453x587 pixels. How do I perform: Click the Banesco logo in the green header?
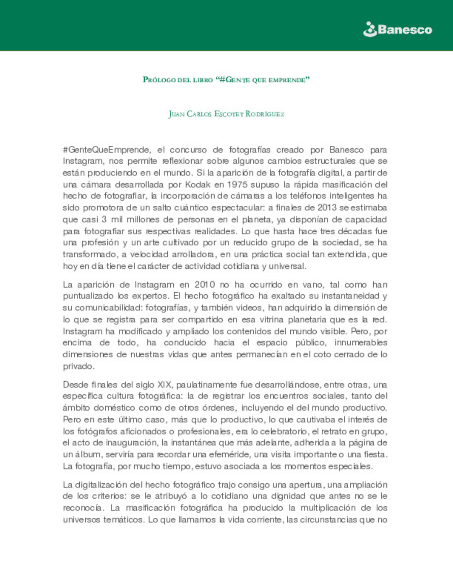(x=398, y=29)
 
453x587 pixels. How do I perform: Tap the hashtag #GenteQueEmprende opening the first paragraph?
(x=107, y=149)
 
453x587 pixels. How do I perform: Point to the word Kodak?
(x=198, y=184)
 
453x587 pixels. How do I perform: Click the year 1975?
(x=237, y=184)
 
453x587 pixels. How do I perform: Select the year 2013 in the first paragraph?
(x=327, y=207)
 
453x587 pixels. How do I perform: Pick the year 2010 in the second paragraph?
(x=205, y=284)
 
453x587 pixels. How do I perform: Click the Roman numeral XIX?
(x=165, y=384)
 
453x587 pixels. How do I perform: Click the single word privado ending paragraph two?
(x=78, y=366)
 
